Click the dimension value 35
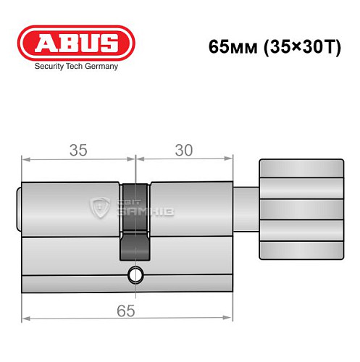pyautogui.click(x=78, y=150)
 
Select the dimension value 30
pyautogui.click(x=184, y=150)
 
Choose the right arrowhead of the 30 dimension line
pyautogui.click(x=233, y=158)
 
